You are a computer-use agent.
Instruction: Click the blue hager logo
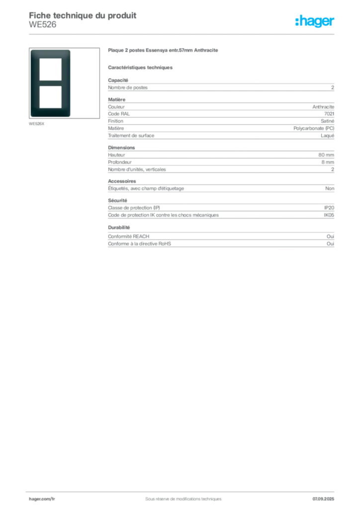(315, 21)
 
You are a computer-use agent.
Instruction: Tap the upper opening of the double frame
(51, 69)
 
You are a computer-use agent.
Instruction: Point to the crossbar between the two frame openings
(51, 83)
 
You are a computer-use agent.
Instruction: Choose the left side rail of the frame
(34, 83)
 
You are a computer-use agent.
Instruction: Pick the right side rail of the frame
(67, 83)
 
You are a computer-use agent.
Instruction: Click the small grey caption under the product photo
(38, 123)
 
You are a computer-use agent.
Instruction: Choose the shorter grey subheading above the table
(141, 67)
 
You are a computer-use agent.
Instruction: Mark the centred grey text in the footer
(180, 496)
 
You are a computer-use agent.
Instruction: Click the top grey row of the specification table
(220, 87)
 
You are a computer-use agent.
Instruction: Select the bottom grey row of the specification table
(220, 244)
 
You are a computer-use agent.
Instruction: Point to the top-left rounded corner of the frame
(32, 51)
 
